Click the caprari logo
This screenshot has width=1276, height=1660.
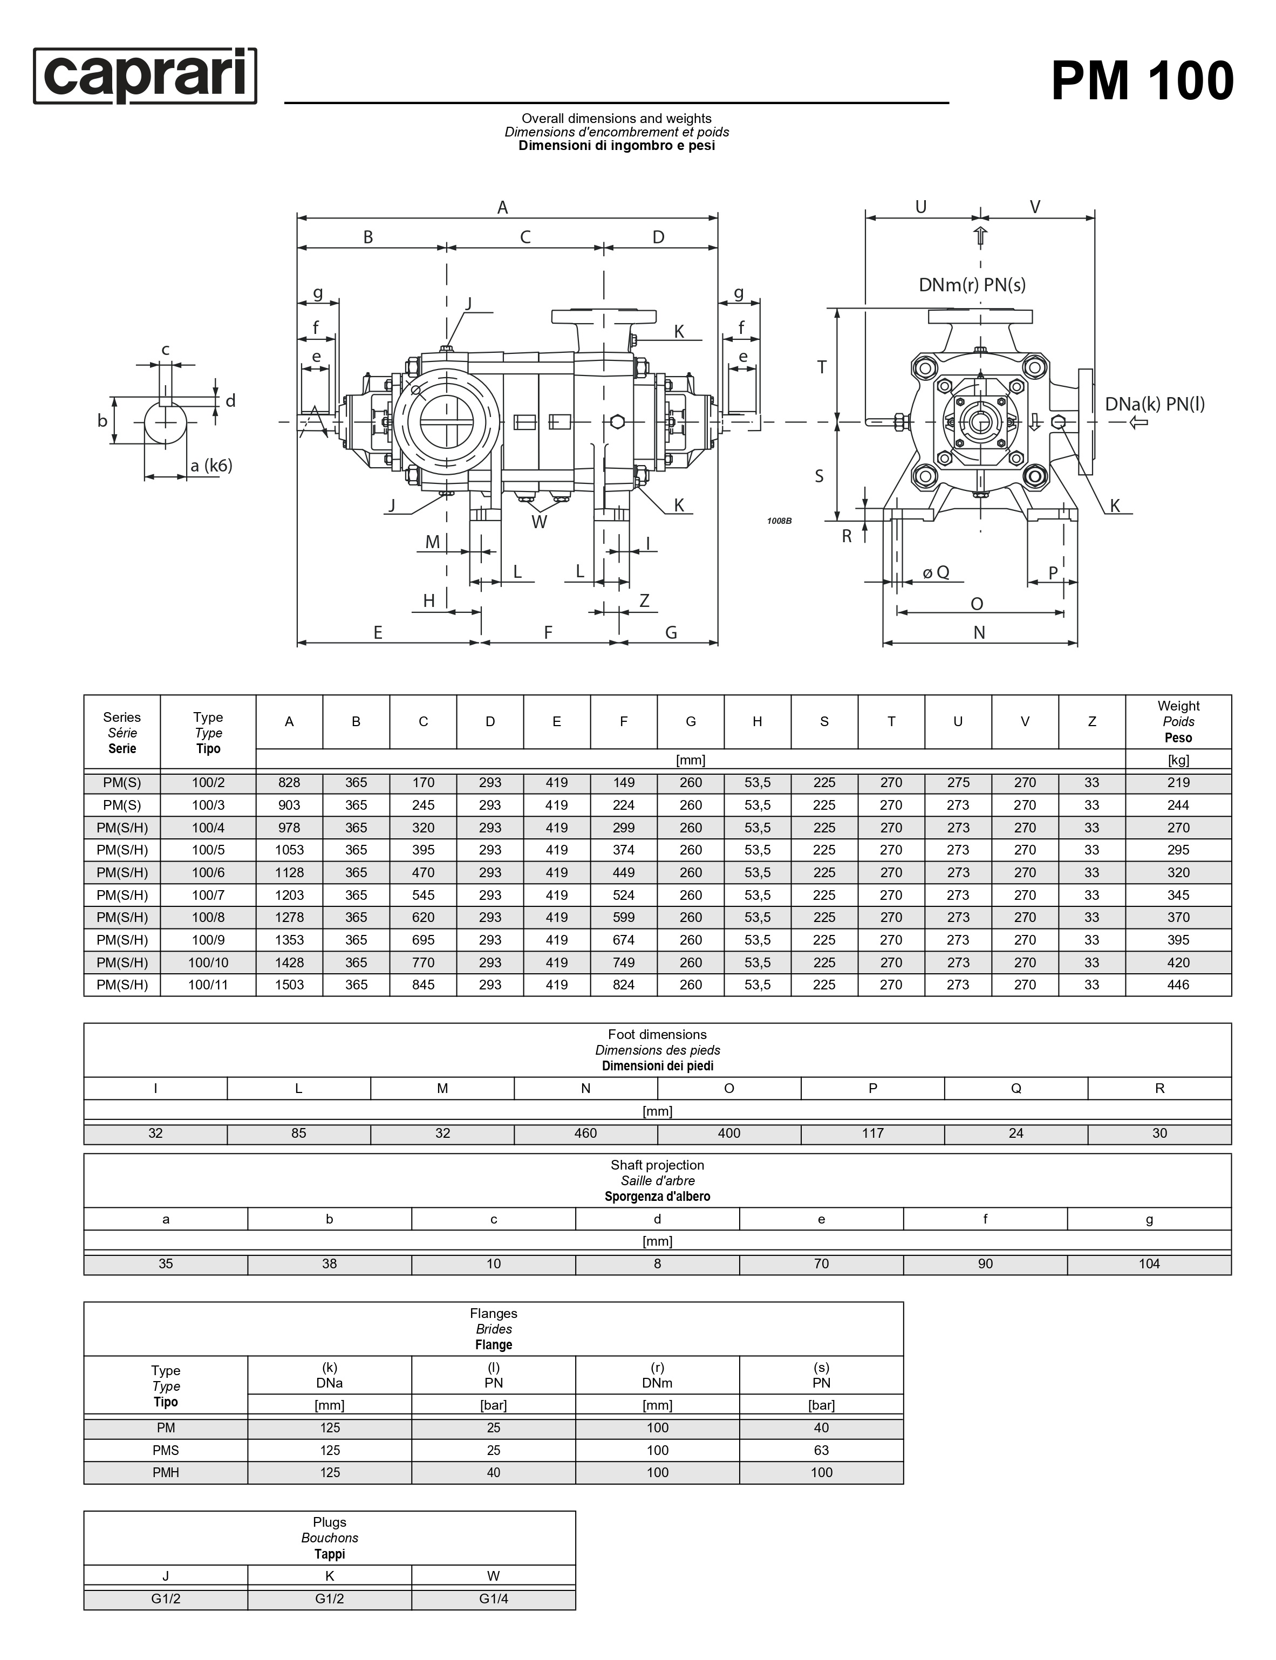(x=145, y=76)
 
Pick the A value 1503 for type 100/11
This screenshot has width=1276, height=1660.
(x=289, y=985)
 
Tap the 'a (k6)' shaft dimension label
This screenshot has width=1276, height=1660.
(x=211, y=466)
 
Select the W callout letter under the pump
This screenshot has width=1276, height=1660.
(x=539, y=522)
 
